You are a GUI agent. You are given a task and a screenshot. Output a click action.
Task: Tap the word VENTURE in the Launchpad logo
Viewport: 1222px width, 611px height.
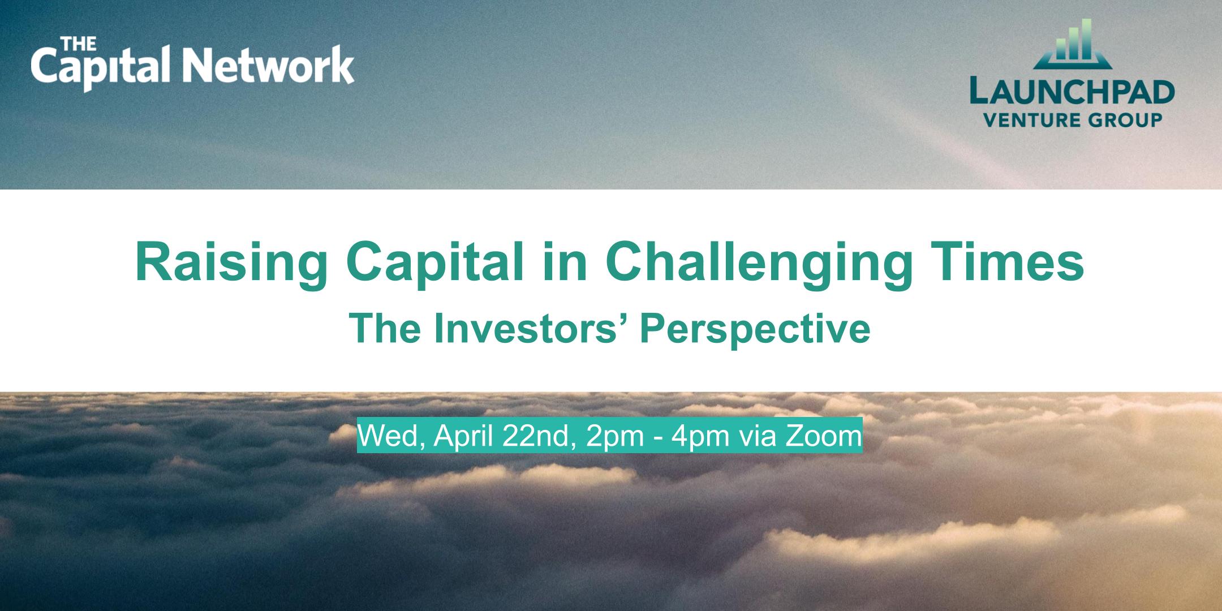tap(1032, 120)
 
